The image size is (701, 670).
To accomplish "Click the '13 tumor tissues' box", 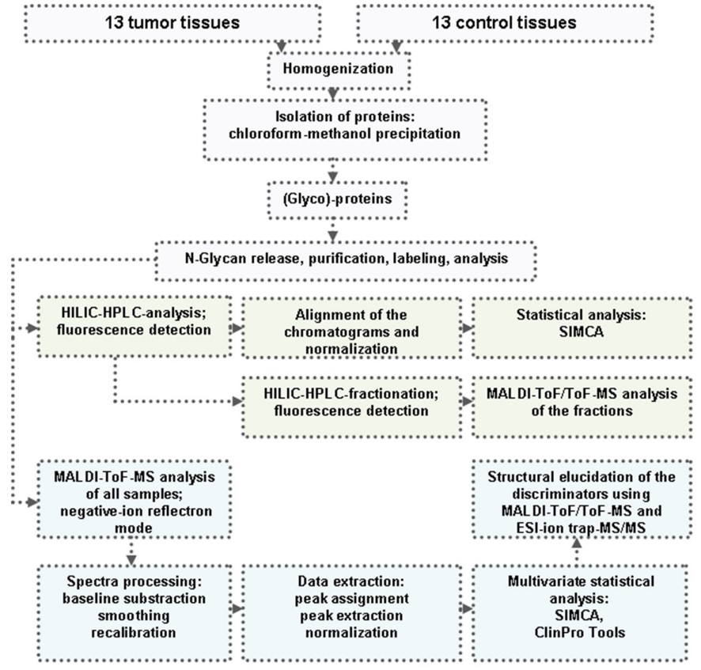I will pyautogui.click(x=172, y=23).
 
